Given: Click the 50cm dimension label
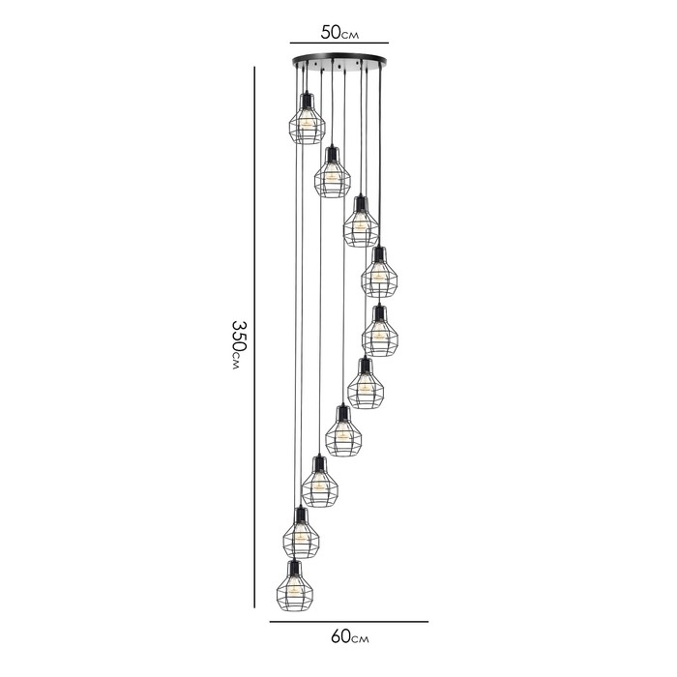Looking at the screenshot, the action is (339, 32).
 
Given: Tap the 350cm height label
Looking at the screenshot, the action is (239, 345).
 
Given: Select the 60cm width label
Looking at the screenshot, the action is (350, 636).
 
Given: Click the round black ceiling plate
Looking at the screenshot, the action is (339, 60).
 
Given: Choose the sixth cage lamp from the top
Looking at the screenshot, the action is (366, 383).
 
